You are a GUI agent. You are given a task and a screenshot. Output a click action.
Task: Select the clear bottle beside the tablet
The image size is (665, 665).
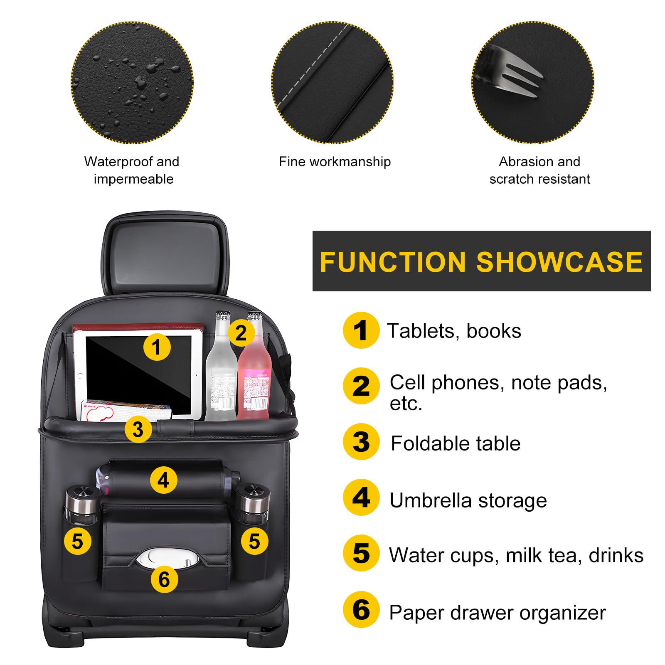click(221, 378)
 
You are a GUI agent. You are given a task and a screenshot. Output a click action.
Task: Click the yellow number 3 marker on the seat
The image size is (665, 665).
click(138, 429)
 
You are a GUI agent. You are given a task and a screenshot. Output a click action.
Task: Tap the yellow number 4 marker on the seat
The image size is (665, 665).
click(163, 480)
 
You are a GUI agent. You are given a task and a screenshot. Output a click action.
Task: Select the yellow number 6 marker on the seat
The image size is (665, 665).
click(164, 579)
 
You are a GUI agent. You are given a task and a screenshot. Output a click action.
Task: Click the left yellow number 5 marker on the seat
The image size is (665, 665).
click(77, 541)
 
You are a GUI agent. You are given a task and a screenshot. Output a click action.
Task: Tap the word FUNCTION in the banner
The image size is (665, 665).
click(392, 262)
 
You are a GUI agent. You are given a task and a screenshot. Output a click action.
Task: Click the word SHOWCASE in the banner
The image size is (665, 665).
click(559, 262)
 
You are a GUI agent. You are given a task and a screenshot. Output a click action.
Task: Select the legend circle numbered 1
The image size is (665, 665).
click(361, 330)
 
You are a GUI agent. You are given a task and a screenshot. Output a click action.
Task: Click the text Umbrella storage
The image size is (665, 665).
click(468, 500)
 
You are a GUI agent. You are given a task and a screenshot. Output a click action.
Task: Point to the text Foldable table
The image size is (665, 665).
click(456, 443)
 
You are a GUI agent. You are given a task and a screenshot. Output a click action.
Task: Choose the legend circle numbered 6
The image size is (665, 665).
click(361, 610)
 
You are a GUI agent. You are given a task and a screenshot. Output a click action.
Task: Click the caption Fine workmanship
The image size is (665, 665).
click(335, 162)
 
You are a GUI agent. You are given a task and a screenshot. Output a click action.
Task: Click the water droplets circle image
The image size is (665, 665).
click(132, 82)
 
